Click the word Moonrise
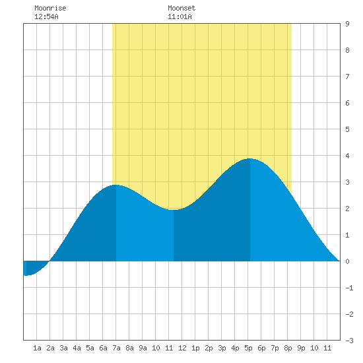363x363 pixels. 50,8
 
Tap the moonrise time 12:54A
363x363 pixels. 46,16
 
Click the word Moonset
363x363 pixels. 181,8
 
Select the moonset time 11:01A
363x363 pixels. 180,16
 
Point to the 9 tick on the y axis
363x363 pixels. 347,24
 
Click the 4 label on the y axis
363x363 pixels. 347,156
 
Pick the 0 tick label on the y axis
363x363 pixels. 347,261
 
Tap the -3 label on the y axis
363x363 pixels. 349,341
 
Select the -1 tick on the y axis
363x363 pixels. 349,288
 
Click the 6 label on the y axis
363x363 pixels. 347,103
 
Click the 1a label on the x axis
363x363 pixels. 37,348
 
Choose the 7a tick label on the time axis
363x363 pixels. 116,348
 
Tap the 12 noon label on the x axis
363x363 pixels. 182,348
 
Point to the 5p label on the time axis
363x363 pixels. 248,348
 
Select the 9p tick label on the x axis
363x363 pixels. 301,348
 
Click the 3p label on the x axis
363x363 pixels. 222,348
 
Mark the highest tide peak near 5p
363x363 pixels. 250,158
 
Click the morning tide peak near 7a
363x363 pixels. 116,185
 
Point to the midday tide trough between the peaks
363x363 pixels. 174,210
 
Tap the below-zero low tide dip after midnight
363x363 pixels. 26,275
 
